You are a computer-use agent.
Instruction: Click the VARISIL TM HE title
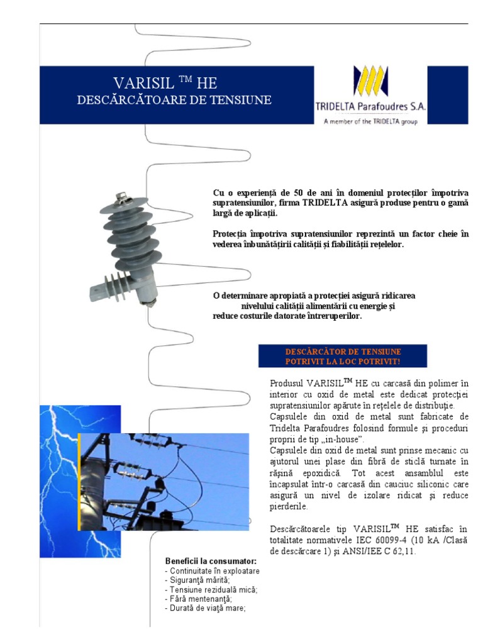(165, 83)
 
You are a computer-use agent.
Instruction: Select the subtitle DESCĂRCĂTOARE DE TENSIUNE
(174, 99)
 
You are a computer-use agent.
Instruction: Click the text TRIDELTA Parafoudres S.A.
(370, 107)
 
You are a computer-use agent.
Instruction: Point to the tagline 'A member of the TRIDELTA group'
(370, 121)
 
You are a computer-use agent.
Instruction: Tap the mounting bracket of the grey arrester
(104, 290)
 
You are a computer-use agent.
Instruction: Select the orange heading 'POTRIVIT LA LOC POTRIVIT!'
(342, 361)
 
